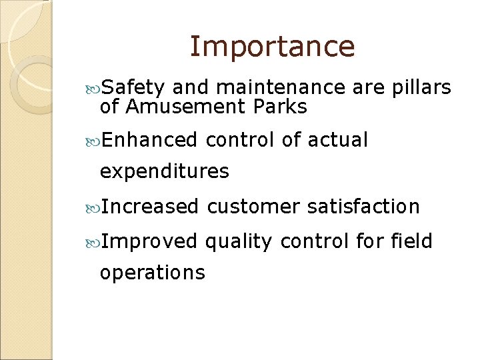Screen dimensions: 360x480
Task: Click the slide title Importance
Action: tap(272, 47)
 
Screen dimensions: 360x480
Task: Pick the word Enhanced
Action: tap(150, 140)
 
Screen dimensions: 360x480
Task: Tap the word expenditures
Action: tap(164, 172)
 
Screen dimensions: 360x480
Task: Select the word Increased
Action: tap(151, 207)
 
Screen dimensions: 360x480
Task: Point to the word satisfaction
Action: tap(363, 207)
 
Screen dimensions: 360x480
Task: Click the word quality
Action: tap(239, 241)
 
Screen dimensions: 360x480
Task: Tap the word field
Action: tap(412, 240)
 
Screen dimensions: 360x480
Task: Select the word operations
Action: tap(152, 273)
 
